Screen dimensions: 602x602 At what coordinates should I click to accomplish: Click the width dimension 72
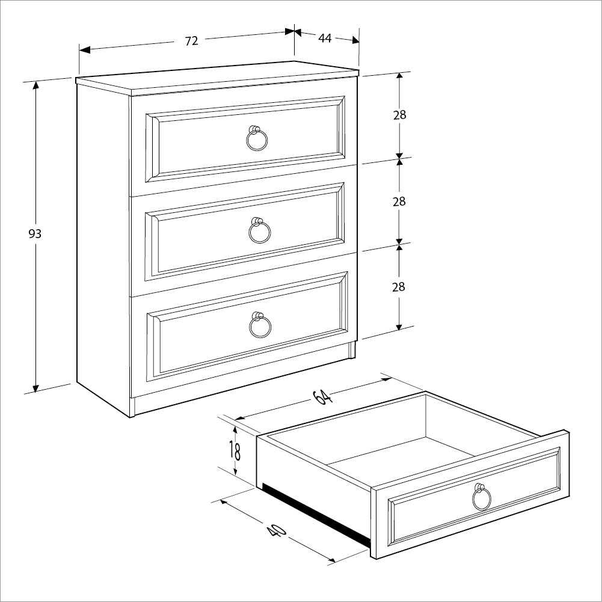click(x=191, y=41)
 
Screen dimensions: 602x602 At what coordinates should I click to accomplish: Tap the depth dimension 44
click(x=325, y=38)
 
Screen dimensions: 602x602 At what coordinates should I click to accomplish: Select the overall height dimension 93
click(x=35, y=233)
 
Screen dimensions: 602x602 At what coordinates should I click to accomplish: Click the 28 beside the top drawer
click(x=399, y=115)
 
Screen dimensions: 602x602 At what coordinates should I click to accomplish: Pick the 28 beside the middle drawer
click(x=399, y=201)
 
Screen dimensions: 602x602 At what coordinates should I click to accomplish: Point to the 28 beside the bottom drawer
click(x=399, y=287)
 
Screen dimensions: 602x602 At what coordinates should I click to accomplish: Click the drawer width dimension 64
click(x=322, y=398)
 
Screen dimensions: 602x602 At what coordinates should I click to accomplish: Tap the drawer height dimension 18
click(x=235, y=449)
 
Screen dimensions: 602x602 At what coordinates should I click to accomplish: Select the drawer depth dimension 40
click(x=275, y=530)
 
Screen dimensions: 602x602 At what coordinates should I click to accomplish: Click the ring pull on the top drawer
click(x=257, y=140)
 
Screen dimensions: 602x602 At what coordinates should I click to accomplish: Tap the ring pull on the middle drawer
click(x=260, y=231)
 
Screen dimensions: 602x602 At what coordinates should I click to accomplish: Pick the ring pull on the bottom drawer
click(x=260, y=325)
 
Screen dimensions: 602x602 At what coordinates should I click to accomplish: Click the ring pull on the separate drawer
click(x=481, y=497)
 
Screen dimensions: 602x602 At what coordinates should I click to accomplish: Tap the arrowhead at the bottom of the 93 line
click(x=36, y=388)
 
